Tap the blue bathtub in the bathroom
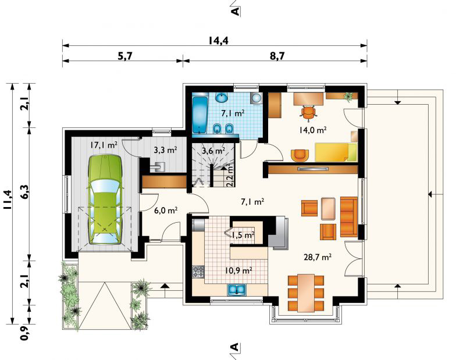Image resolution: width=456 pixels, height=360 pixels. [200, 115]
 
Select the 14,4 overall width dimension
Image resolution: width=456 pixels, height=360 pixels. [219, 41]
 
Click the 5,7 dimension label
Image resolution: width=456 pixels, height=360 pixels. [125, 56]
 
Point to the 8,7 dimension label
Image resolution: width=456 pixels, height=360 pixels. [277, 56]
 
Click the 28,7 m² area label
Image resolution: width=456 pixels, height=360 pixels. [318, 257]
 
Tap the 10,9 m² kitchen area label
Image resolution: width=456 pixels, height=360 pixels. [238, 270]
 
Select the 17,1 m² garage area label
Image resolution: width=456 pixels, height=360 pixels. [104, 145]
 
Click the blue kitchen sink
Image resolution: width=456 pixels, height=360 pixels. [237, 290]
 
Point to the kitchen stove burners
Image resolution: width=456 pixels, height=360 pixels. [198, 272]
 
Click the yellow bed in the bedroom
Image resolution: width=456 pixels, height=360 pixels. [336, 152]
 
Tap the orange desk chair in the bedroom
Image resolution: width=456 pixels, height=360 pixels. [308, 112]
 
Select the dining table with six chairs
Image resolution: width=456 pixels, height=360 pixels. [306, 292]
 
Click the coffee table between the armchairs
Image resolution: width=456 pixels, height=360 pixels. [328, 208]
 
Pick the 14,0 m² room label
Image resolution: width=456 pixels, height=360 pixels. [312, 130]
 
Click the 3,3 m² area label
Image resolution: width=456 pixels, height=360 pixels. [165, 150]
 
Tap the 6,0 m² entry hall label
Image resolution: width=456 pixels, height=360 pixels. [166, 211]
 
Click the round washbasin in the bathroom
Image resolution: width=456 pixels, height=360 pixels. [222, 98]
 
